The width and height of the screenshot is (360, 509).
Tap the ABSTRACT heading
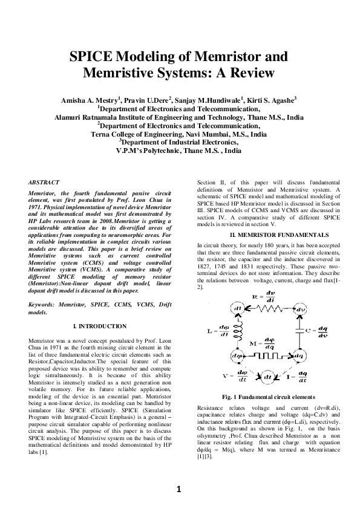point(44,182)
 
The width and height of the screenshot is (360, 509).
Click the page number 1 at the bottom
point(180,489)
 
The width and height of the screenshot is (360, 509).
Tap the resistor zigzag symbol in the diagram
point(267,310)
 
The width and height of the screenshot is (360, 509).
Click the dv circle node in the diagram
point(301,310)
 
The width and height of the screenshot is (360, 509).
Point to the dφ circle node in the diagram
point(238,355)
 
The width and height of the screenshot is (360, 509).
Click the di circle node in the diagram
point(238,309)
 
